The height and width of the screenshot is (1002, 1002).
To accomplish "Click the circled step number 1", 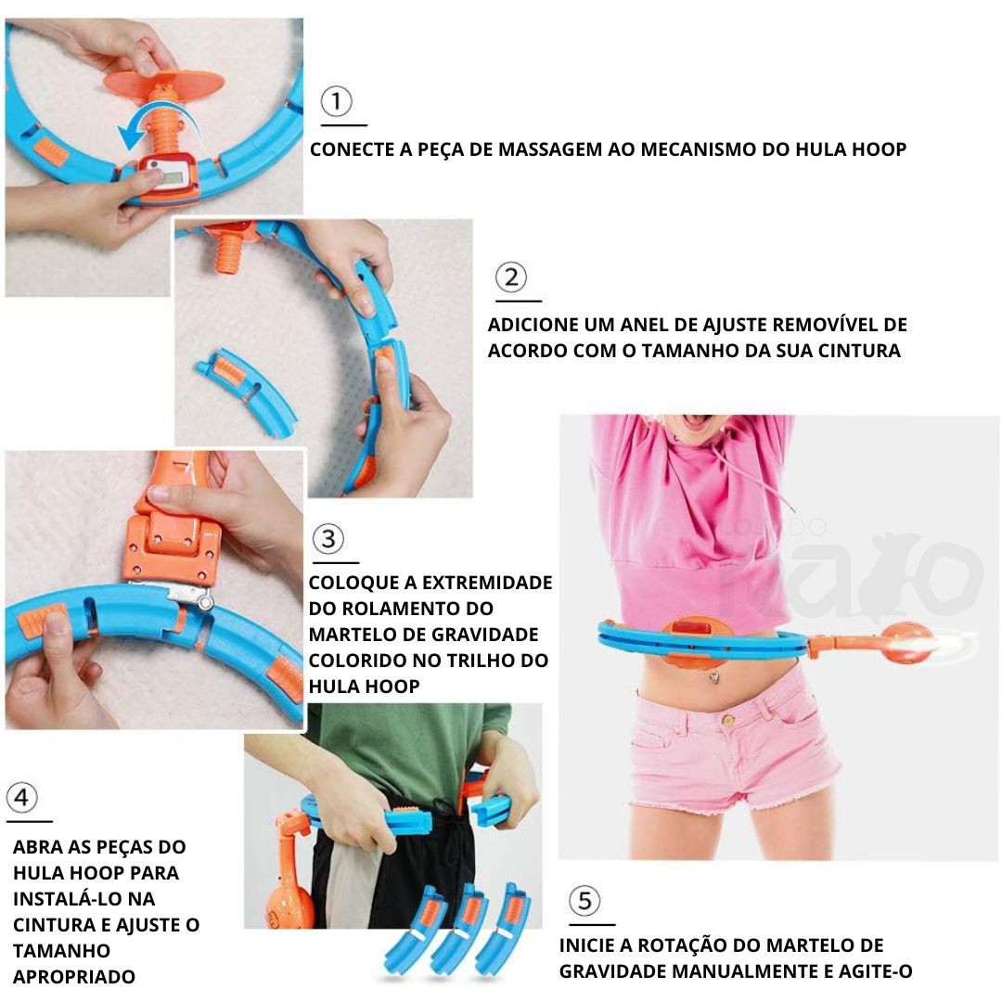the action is [336, 101].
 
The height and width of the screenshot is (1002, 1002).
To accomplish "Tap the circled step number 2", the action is [511, 277].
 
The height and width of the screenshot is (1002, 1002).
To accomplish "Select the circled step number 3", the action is [328, 539].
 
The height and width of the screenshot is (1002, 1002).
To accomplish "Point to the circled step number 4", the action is [22, 798].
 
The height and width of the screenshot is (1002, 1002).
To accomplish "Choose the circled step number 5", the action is [584, 901].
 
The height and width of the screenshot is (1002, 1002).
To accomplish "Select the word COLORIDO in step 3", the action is [357, 661].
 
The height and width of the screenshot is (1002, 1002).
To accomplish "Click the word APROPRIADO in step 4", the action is [74, 976].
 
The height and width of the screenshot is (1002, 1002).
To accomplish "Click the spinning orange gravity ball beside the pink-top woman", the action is [904, 643].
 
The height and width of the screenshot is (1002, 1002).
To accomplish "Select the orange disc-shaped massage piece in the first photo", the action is [164, 82].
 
